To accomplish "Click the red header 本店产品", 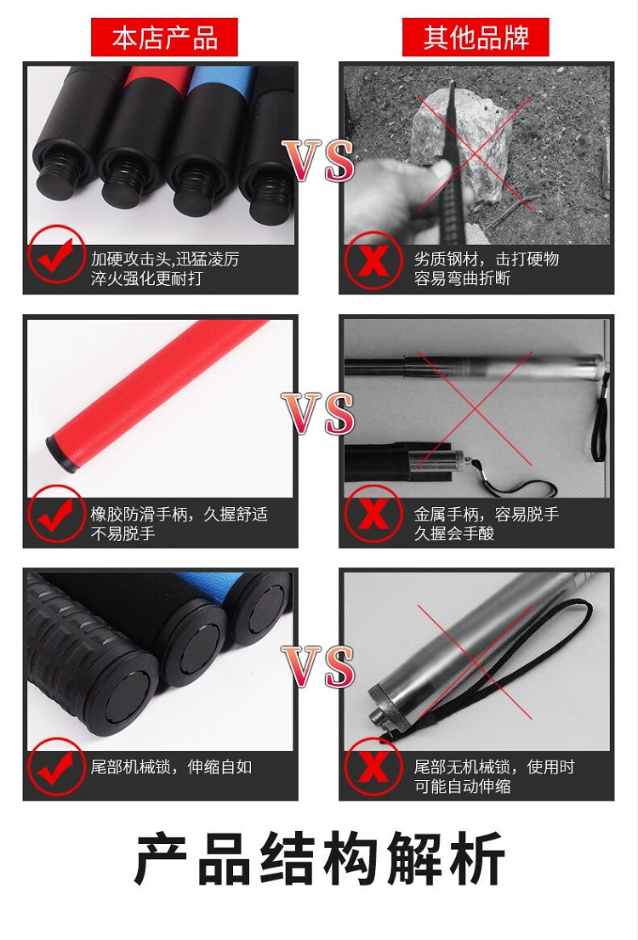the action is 164,37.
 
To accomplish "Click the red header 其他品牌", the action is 476,37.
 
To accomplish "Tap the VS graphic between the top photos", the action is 318,162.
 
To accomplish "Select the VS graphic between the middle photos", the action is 318,413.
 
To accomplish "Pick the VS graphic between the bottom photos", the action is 318,667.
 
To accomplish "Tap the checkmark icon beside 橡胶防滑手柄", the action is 56,515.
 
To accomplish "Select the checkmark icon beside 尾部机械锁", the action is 56,767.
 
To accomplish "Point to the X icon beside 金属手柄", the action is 373,515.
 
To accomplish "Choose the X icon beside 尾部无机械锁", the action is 373,767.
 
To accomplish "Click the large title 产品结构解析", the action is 319,858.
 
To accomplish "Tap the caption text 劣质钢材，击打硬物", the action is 487,259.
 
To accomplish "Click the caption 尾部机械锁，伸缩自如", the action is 171,766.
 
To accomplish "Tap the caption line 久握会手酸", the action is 454,533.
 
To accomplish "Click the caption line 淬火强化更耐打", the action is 146,279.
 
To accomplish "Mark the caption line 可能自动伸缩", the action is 462,787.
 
